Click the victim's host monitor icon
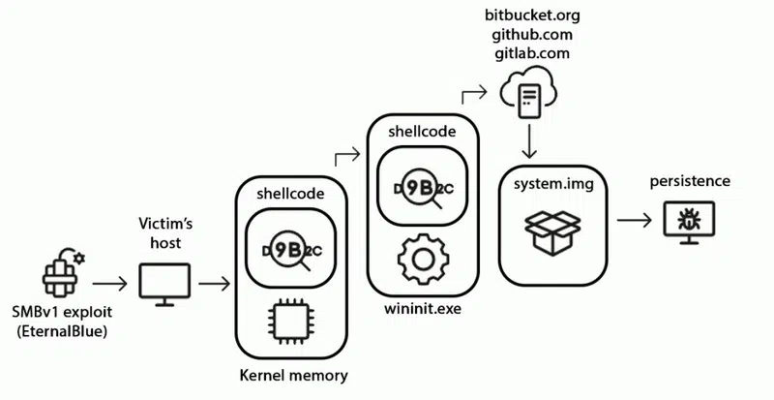click(162, 284)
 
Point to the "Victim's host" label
click(162, 231)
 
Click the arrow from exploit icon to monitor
click(109, 284)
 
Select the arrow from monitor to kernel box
click(212, 284)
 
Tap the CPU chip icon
click(293, 320)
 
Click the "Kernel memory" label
click(293, 374)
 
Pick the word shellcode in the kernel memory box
click(293, 194)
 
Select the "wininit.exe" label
click(422, 309)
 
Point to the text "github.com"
click(528, 34)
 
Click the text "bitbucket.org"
click(528, 15)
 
